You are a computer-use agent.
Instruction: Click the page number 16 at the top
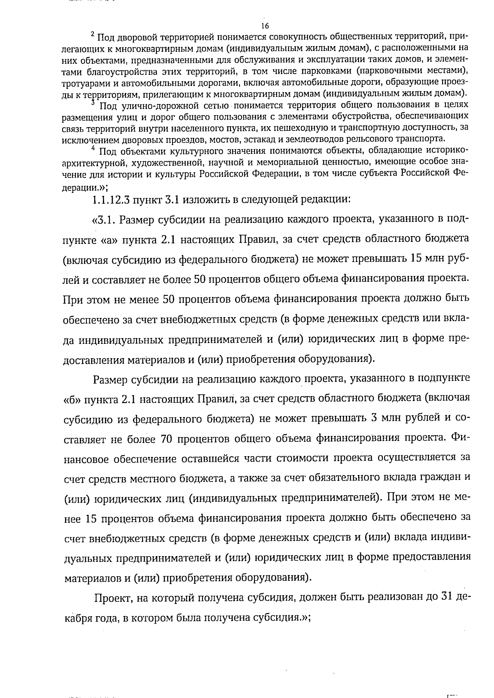pyautogui.click(x=265, y=26)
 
